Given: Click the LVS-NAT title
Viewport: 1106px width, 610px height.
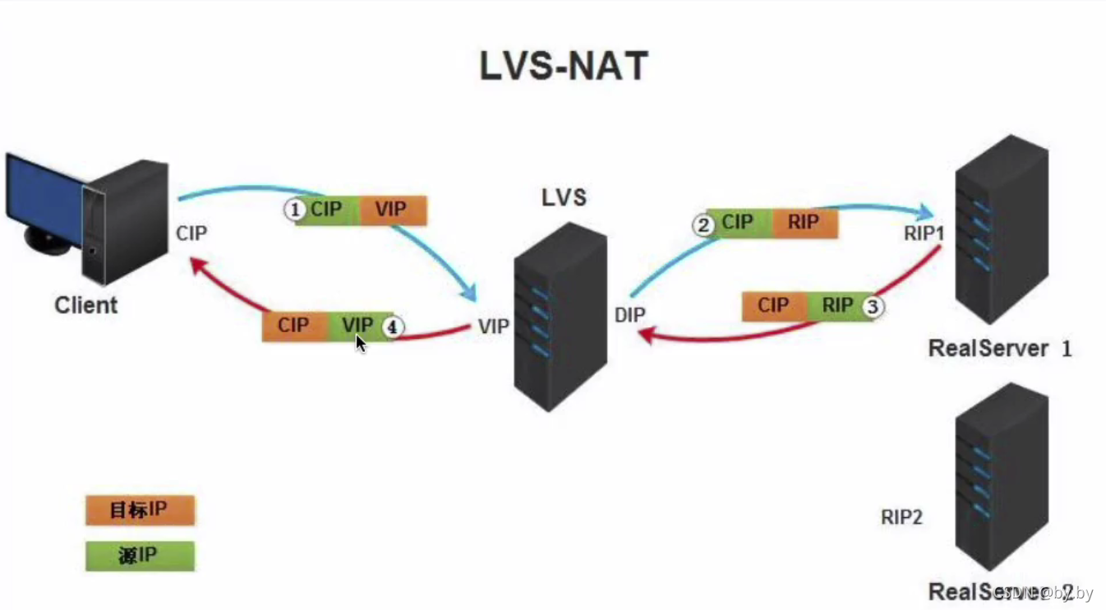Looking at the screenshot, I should (564, 66).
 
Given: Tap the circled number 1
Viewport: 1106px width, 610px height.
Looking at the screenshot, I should (294, 210).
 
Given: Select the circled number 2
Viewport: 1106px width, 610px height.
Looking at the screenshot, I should (703, 224).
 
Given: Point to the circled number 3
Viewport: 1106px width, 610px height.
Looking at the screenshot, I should (873, 307).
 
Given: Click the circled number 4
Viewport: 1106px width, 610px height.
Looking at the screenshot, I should (393, 327).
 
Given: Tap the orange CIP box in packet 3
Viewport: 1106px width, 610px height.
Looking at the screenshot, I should (773, 307).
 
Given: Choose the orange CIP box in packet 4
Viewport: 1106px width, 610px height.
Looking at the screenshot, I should (294, 326).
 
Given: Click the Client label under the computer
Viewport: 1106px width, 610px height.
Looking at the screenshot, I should (86, 305).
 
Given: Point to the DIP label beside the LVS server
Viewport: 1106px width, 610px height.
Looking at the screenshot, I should (630, 315).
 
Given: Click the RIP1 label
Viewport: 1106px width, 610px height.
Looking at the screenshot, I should (924, 233).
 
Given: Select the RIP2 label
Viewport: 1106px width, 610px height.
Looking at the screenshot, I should (902, 517).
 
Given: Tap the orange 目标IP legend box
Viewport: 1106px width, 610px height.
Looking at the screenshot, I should (140, 511).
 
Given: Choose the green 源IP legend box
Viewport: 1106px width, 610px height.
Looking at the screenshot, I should (140, 556).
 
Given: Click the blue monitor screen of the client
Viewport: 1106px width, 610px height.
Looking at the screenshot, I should (41, 193).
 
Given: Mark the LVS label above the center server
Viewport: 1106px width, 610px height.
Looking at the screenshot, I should (564, 198).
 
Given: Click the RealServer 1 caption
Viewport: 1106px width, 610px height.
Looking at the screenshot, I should (999, 349).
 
